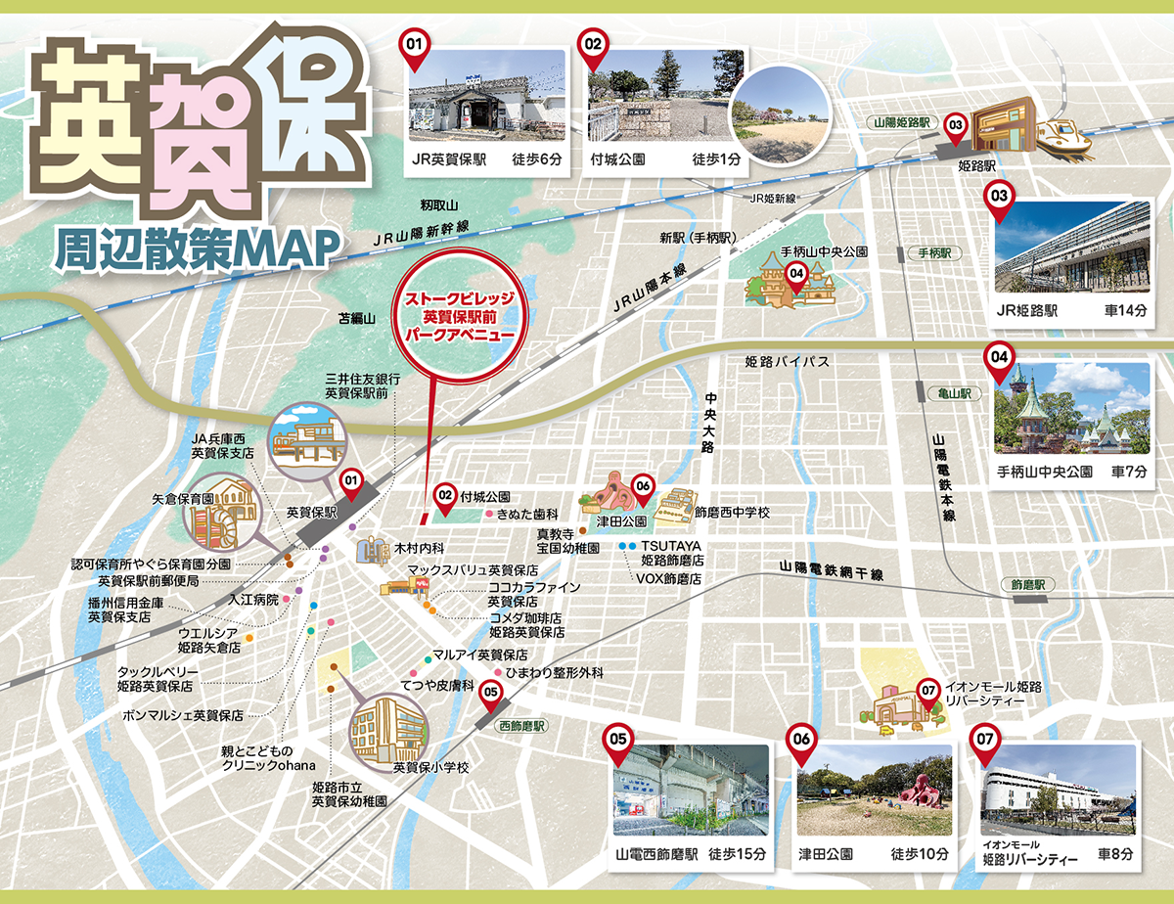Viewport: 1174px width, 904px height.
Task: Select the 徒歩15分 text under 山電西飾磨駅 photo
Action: [738, 853]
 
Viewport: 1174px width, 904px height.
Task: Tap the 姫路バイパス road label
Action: [787, 362]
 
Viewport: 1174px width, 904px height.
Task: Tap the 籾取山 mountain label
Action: [439, 205]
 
